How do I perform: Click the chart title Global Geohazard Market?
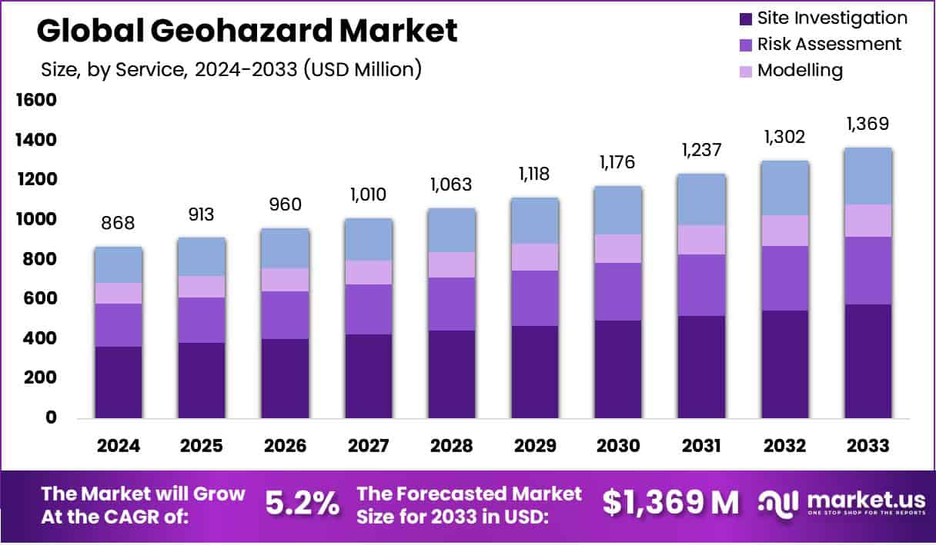pos(246,31)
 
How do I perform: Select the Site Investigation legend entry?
pos(822,18)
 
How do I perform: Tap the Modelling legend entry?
pos(791,70)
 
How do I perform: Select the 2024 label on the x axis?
pos(118,446)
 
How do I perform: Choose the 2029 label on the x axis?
pos(535,446)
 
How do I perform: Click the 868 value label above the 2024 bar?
pos(118,223)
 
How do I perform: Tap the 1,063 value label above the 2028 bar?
pos(452,184)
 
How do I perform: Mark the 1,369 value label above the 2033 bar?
pos(868,124)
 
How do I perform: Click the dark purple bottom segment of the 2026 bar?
pos(285,378)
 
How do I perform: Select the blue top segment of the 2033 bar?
pos(868,176)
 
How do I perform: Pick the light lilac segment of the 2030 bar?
pos(618,248)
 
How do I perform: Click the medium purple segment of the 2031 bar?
pos(702,284)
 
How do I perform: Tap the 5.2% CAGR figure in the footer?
pos(302,503)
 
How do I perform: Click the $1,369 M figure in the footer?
pos(670,503)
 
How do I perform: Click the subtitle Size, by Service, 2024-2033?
pos(231,69)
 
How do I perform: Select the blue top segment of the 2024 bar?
pos(118,264)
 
